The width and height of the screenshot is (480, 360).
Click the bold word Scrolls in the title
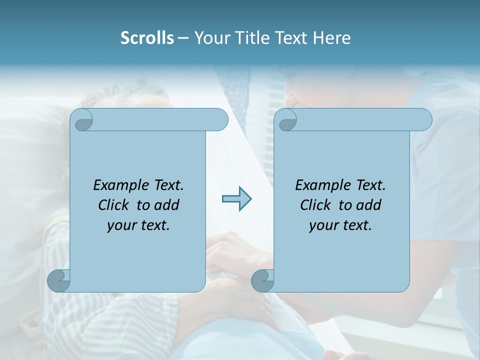click(147, 38)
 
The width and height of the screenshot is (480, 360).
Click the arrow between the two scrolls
click(236, 199)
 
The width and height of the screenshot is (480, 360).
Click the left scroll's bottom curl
click(59, 280)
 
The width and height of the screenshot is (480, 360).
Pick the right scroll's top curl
click(287, 120)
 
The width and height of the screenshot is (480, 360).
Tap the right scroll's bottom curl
click(262, 280)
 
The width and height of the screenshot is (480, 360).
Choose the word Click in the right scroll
click(314, 205)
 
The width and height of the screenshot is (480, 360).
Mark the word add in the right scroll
click(369, 205)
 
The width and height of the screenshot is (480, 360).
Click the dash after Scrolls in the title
click(183, 38)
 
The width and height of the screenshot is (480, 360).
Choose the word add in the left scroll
click(167, 205)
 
